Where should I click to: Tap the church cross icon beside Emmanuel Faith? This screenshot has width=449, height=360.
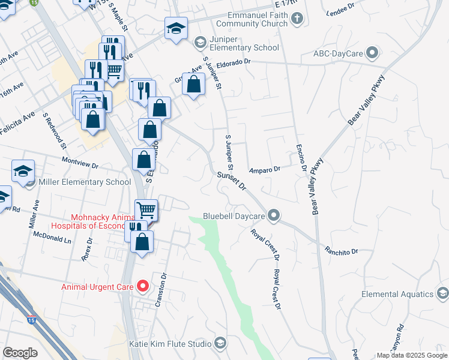296,19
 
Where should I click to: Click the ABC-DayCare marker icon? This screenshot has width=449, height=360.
373,53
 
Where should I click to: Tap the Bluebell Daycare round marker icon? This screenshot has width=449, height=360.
274,215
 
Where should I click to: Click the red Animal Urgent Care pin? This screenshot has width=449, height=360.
142,286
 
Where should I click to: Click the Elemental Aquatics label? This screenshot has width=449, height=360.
397,294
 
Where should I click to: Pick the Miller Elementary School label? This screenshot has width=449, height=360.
84,182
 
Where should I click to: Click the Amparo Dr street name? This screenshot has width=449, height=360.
265,169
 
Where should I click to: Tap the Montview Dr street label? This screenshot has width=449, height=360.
80,161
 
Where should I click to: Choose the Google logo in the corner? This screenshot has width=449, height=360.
20,352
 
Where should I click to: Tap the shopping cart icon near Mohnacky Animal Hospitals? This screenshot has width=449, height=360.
146,210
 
